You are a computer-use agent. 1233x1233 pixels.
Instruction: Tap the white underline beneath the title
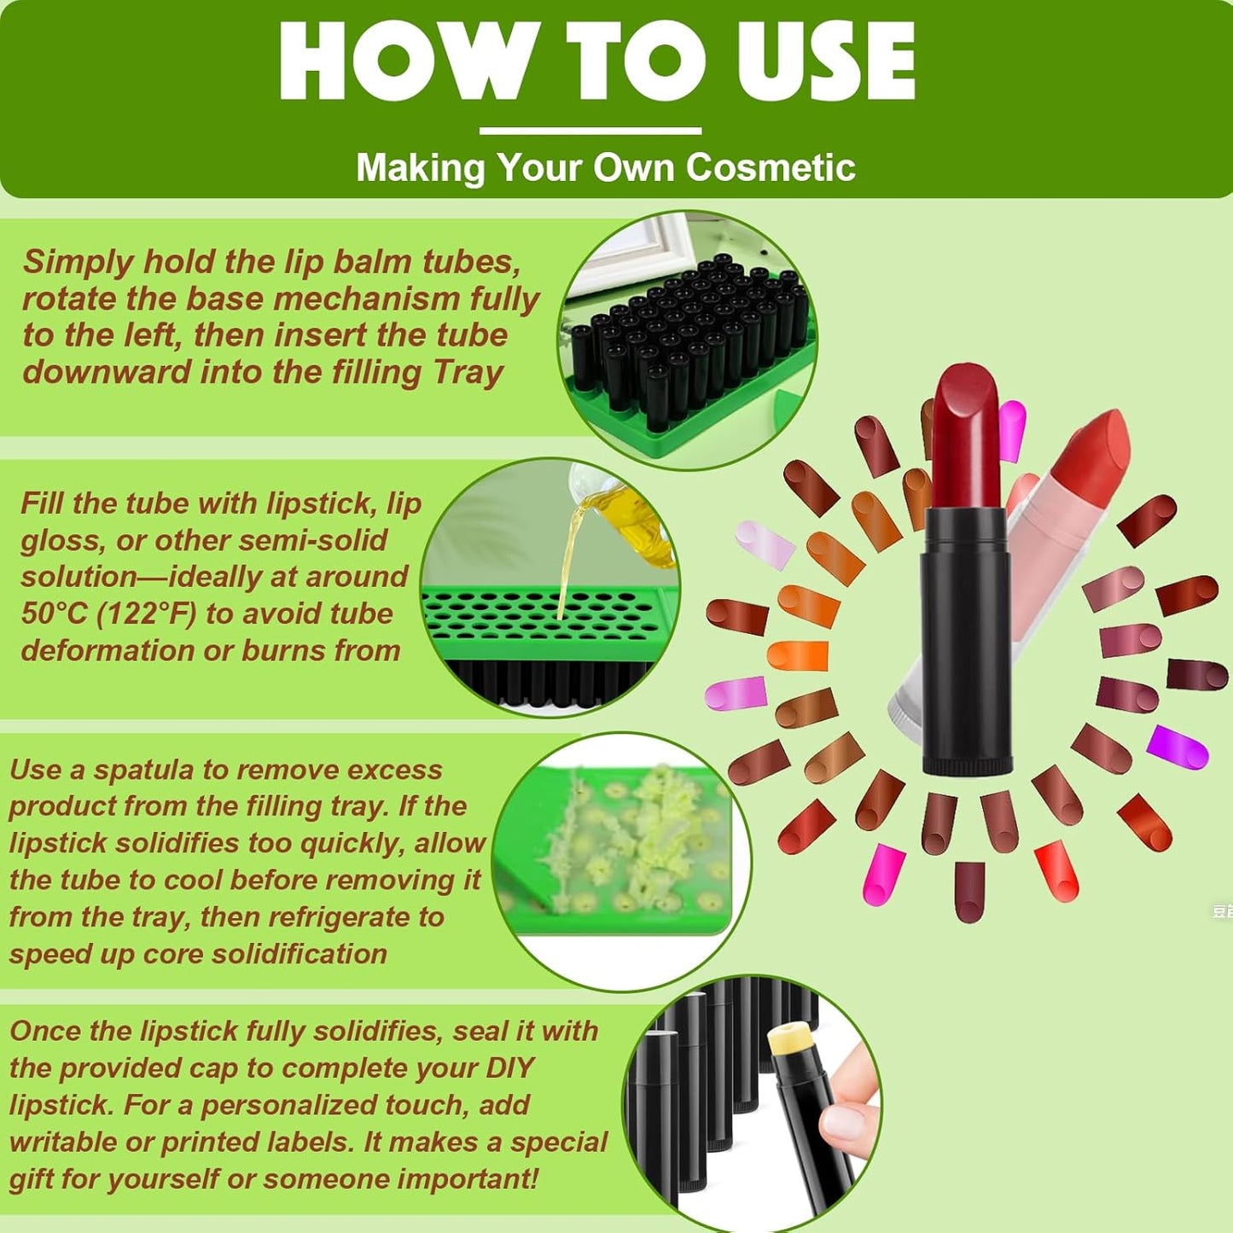[x=590, y=131]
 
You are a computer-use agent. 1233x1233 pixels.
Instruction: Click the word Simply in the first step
[x=78, y=262]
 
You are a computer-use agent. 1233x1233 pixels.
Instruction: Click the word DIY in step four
[x=509, y=1068]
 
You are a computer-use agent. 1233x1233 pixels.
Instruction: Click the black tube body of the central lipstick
[x=966, y=648]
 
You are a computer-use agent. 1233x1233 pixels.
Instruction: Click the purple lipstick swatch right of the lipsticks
[x=1178, y=747]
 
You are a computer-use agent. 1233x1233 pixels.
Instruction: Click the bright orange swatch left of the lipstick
[x=798, y=655]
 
